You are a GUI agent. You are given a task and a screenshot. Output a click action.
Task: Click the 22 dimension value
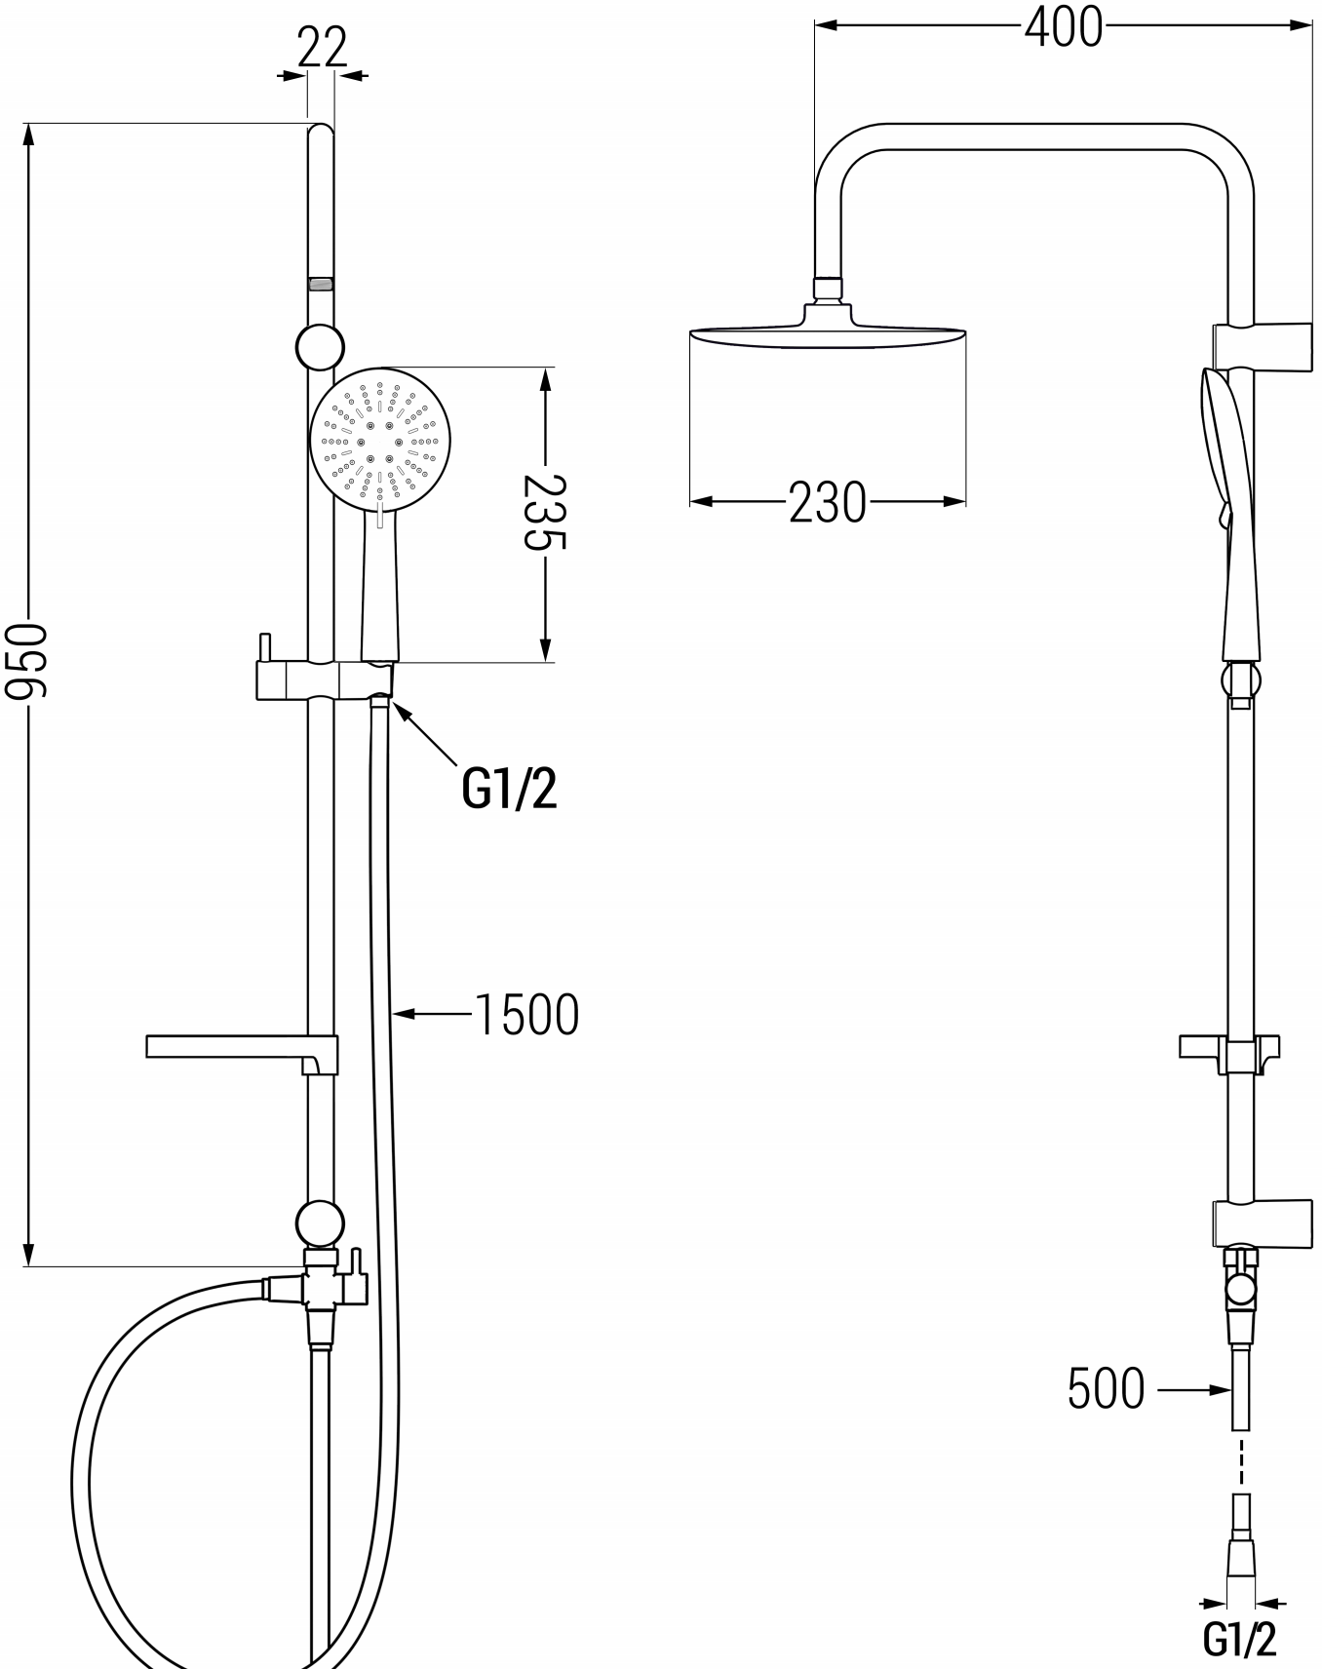[322, 47]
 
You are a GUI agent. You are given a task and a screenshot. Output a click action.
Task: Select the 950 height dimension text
[25, 661]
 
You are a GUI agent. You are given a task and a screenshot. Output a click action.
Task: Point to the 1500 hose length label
[526, 1014]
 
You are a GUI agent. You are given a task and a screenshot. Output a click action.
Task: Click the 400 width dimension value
[1064, 26]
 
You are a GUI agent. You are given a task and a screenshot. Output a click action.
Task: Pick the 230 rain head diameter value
[828, 502]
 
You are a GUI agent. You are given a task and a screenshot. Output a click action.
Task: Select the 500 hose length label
[1106, 1388]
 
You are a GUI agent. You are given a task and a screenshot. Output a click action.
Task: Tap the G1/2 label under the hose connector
[1240, 1639]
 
